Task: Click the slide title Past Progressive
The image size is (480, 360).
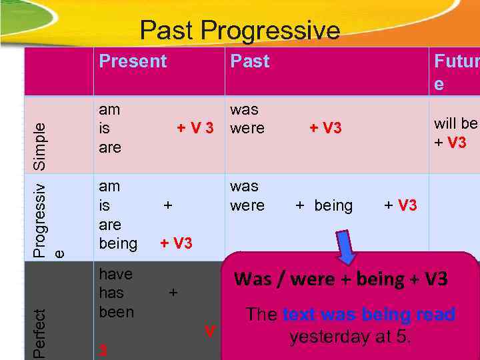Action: click(239, 31)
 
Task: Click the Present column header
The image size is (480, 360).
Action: click(133, 61)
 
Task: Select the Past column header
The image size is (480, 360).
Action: click(249, 61)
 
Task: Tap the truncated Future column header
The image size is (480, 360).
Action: click(455, 72)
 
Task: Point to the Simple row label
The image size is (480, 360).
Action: click(40, 145)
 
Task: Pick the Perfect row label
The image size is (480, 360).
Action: click(40, 334)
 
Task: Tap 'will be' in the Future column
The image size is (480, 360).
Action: click(456, 123)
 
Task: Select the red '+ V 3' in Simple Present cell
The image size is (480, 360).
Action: click(195, 128)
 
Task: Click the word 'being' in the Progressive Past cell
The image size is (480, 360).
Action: click(333, 205)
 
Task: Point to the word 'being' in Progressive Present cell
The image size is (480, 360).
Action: click(118, 243)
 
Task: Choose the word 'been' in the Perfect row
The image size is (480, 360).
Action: click(116, 312)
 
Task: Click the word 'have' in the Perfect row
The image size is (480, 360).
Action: click(115, 274)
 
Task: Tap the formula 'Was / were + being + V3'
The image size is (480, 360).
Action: click(341, 279)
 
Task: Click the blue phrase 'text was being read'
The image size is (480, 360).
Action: click(369, 314)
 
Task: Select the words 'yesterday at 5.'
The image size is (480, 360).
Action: click(350, 337)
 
